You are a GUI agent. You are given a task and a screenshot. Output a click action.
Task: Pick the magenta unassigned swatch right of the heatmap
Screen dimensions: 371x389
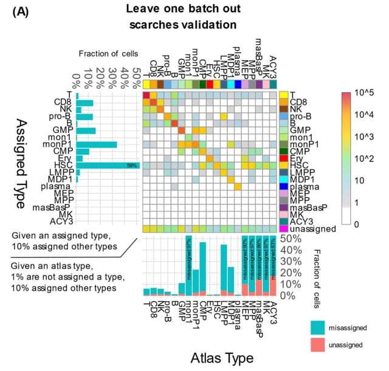coord(283,228)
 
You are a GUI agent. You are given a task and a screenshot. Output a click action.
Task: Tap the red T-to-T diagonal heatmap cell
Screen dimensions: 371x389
coord(146,95)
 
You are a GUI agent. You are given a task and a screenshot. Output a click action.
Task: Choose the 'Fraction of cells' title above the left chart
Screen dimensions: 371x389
coord(108,54)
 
